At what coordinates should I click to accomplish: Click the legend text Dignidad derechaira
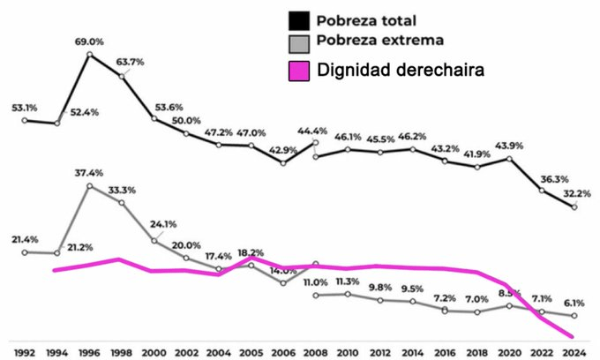coord(402,69)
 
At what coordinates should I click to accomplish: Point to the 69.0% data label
coord(91,41)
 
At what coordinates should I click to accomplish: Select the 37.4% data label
coord(91,173)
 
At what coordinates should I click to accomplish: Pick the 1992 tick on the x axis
coord(25,351)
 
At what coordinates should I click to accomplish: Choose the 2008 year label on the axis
coord(315,351)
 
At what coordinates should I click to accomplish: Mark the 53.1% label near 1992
coord(25,108)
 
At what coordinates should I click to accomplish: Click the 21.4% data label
coord(25,239)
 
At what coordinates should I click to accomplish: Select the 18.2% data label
coord(251,252)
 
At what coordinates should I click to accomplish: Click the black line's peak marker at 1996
coord(90,55)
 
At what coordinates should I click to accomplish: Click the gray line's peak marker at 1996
coord(90,186)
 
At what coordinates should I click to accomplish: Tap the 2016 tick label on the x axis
coord(446,351)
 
